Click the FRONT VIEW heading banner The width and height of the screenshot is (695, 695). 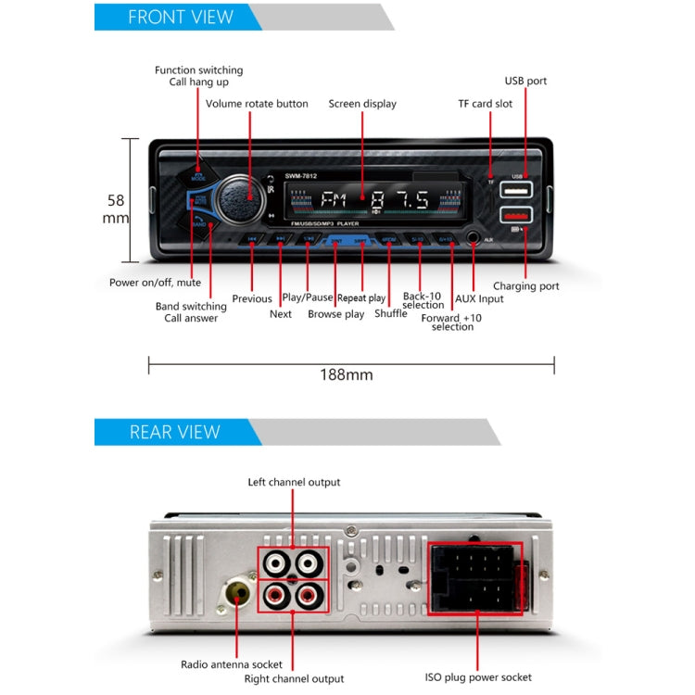pyautogui.click(x=181, y=17)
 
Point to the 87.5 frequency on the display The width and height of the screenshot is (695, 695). pyautogui.click(x=399, y=200)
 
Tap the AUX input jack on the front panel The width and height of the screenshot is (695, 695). pyautogui.click(x=474, y=239)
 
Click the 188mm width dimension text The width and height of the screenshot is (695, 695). pyautogui.click(x=347, y=374)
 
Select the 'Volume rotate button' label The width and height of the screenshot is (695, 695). pyautogui.click(x=257, y=104)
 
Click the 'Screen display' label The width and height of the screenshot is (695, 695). pyautogui.click(x=362, y=104)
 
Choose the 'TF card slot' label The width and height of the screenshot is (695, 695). pyautogui.click(x=485, y=104)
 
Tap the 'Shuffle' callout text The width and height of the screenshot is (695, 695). pyautogui.click(x=390, y=313)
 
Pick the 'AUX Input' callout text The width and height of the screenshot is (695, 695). pyautogui.click(x=479, y=298)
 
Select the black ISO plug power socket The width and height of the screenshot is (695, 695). pyautogui.click(x=474, y=579)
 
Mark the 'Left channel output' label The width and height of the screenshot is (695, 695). pyautogui.click(x=294, y=482)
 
